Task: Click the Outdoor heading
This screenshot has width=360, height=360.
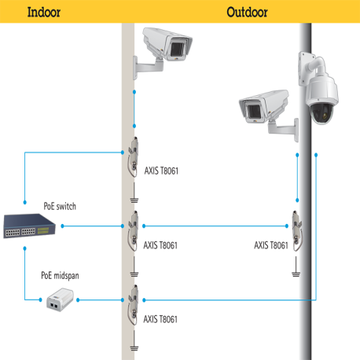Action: click(247, 12)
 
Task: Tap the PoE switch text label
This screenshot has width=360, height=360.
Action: click(60, 206)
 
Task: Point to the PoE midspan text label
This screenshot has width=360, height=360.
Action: click(61, 276)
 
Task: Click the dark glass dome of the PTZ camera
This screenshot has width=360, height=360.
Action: click(325, 113)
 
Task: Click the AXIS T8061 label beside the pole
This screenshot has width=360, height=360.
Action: click(271, 244)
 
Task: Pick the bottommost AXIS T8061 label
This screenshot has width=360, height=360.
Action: click(160, 319)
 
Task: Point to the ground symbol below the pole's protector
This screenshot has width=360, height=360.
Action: click(296, 274)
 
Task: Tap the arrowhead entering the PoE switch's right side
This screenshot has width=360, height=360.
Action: click(62, 226)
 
